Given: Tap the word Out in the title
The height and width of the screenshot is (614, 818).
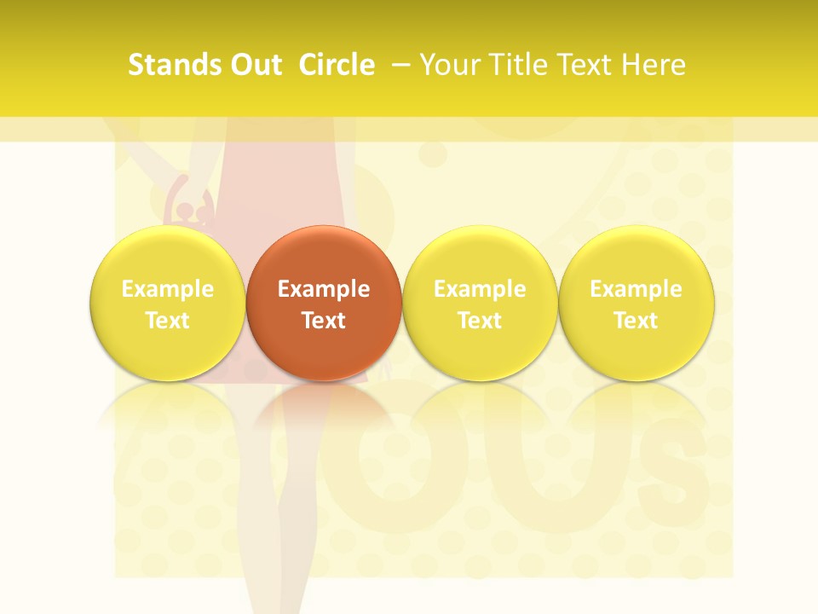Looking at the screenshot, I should [254, 65].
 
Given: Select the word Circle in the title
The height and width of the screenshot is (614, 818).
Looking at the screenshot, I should [337, 65].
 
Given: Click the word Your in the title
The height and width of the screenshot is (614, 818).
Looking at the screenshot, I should [448, 65].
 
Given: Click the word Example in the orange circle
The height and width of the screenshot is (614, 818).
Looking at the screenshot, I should [324, 289].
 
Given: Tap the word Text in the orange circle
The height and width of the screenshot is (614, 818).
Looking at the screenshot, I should [324, 321].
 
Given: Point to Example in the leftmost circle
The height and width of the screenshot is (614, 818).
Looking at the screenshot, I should [167, 289].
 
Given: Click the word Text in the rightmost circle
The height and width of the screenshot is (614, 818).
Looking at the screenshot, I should [637, 321].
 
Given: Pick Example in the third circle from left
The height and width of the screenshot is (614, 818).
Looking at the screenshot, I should [480, 289].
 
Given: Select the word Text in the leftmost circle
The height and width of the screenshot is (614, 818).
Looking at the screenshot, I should [167, 321].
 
